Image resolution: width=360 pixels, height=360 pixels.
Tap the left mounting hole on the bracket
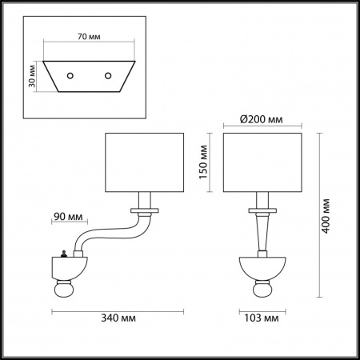click(x=70, y=75)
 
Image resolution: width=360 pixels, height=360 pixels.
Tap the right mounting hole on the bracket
click(x=108, y=75)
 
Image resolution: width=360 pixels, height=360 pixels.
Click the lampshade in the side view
click(x=146, y=162)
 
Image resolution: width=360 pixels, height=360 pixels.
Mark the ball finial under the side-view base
click(x=63, y=289)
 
